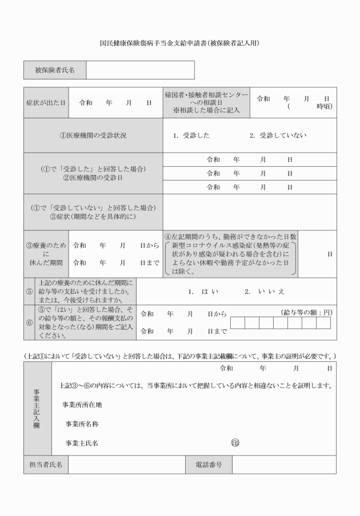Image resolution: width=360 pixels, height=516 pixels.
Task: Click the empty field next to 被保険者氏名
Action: point(140,70)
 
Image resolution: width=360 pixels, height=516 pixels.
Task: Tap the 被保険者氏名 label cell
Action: point(55,70)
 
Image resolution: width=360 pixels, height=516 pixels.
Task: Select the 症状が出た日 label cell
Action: point(46,102)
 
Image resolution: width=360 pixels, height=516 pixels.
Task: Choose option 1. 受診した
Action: point(191,135)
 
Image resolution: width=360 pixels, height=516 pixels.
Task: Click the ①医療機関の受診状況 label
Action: point(93,135)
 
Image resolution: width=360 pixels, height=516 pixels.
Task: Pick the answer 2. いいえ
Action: point(265,291)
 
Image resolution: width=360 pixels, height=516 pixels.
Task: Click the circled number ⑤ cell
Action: point(29,291)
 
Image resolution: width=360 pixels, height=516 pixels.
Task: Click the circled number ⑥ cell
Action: point(29,322)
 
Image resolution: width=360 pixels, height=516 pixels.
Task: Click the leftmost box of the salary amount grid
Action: point(237,323)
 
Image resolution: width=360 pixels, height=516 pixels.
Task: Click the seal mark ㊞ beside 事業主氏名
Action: point(234,442)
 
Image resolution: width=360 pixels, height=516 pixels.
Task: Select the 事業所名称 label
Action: point(85,423)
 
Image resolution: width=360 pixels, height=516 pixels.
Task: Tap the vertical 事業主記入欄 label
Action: point(37,409)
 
